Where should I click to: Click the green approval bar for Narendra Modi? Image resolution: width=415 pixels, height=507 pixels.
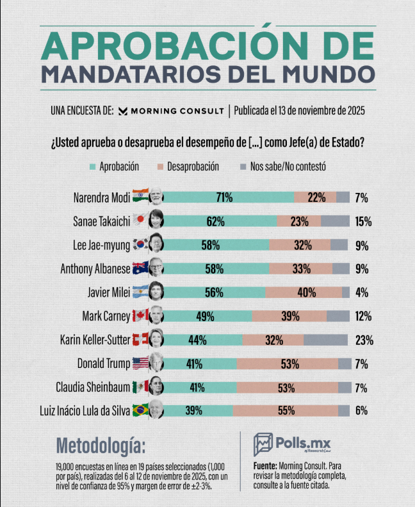tap(224, 197)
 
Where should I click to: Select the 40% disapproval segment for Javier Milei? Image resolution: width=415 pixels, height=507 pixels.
tap(306, 292)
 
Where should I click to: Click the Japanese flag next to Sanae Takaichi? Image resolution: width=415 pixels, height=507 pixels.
tap(140, 221)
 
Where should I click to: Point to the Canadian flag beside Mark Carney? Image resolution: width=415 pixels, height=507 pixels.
tap(140, 316)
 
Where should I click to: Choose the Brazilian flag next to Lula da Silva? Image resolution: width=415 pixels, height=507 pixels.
tap(140, 411)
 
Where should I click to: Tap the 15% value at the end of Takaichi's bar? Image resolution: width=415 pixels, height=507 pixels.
tap(363, 222)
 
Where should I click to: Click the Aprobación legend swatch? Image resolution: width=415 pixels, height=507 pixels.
tap(94, 167)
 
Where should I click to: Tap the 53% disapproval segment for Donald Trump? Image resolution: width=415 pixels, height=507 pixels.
tap(290, 363)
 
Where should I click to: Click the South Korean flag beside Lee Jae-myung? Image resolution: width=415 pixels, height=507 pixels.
tap(140, 244)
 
